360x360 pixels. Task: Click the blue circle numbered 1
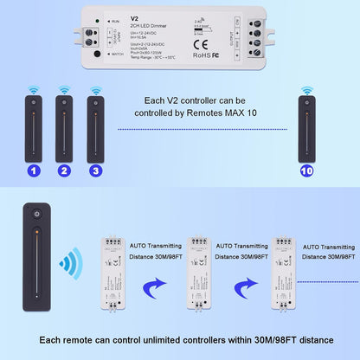coord(34,171)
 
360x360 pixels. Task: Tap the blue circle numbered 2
coord(63,171)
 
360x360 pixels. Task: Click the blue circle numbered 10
coord(305,171)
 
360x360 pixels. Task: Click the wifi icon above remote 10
coord(305,90)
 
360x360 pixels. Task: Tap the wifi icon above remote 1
coord(34,90)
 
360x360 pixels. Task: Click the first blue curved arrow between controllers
coord(153,286)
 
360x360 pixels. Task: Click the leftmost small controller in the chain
coord(115,273)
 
